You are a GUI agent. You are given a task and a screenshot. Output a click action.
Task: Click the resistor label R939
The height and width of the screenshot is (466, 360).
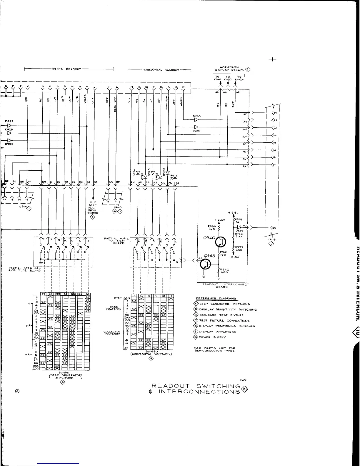(x=211, y=227)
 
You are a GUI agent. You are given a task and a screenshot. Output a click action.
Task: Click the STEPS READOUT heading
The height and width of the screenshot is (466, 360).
(x=66, y=69)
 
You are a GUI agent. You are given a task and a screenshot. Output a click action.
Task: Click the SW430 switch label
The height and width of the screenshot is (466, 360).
(x=151, y=351)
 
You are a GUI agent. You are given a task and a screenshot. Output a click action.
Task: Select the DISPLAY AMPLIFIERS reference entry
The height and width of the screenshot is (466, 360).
(x=217, y=332)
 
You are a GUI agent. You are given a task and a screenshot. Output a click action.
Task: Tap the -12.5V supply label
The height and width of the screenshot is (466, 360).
(x=234, y=257)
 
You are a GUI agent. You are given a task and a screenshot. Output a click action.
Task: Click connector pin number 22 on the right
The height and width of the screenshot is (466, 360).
(x=276, y=120)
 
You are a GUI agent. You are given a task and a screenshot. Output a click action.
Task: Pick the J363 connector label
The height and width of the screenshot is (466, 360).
(x=269, y=239)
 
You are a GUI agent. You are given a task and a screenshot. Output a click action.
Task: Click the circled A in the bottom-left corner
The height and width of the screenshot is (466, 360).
(x=17, y=391)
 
